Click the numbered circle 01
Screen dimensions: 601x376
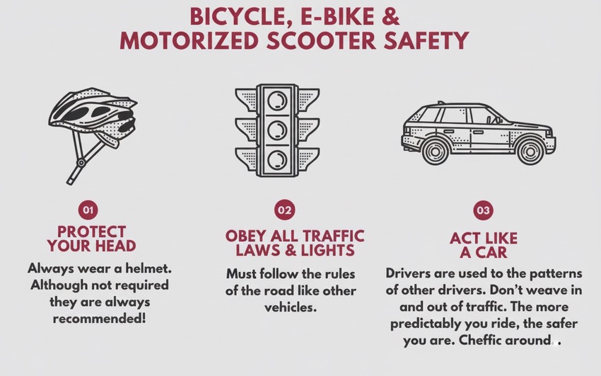(88, 210)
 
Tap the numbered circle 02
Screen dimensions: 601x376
(285, 210)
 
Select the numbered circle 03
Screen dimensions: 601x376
(483, 210)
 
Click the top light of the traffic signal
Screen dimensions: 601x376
(277, 101)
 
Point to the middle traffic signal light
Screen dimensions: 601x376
(277, 130)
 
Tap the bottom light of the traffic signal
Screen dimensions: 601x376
(277, 159)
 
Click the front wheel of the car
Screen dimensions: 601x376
(530, 152)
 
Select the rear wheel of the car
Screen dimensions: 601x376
(435, 151)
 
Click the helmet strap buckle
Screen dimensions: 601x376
(81, 163)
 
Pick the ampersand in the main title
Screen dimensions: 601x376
(390, 17)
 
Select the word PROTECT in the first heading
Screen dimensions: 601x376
(91, 232)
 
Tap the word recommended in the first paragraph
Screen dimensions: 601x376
(99, 319)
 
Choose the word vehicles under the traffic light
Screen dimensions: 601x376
(291, 307)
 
